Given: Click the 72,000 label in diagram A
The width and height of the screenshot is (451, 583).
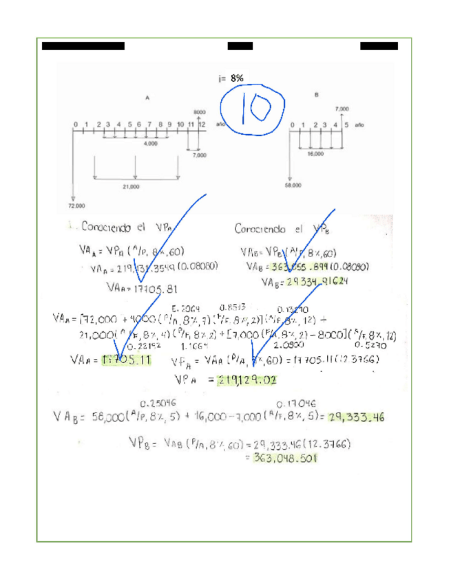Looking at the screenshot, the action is pyautogui.click(x=76, y=206).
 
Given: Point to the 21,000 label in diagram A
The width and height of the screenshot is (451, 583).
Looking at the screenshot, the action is pyautogui.click(x=131, y=186).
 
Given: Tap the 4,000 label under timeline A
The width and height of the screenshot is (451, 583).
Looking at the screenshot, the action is pyautogui.click(x=150, y=144).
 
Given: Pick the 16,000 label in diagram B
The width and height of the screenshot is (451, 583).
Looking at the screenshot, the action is pyautogui.click(x=315, y=155).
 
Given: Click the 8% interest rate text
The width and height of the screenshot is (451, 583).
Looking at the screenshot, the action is pyautogui.click(x=236, y=78).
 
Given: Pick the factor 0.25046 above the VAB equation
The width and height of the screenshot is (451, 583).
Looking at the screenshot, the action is pyautogui.click(x=156, y=403).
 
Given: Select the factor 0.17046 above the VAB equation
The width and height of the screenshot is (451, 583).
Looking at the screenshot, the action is pyautogui.click(x=292, y=403).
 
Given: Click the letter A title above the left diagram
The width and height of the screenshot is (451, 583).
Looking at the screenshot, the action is pyautogui.click(x=147, y=98).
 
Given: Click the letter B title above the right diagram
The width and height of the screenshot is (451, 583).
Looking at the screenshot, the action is pyautogui.click(x=316, y=95).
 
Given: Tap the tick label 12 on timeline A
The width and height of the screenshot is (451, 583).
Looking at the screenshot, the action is pyautogui.click(x=202, y=124).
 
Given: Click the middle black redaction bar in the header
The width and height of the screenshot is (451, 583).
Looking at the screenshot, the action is pyautogui.click(x=240, y=46).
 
